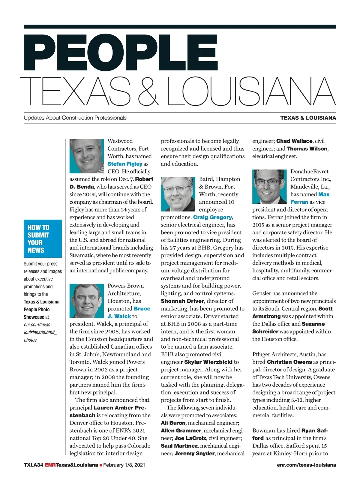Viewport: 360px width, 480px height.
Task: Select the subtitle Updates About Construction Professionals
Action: point(75,118)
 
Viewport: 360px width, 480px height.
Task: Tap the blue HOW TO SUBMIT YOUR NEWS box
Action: point(43,238)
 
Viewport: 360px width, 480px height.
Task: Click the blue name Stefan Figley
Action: point(125,164)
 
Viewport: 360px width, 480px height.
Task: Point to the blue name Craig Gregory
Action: point(212,217)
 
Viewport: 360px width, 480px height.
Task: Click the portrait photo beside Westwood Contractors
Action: point(87,156)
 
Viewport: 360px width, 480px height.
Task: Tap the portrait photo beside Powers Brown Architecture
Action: point(87,301)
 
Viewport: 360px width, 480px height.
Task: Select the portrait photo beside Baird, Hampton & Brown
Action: point(178,194)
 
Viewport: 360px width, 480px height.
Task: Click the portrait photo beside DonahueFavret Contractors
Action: point(269,186)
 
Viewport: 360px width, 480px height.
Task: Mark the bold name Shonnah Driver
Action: point(182,301)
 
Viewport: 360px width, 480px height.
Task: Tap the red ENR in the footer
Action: point(50,465)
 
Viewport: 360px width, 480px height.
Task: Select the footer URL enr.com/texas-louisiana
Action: point(306,465)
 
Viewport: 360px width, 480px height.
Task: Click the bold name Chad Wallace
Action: point(294,141)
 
